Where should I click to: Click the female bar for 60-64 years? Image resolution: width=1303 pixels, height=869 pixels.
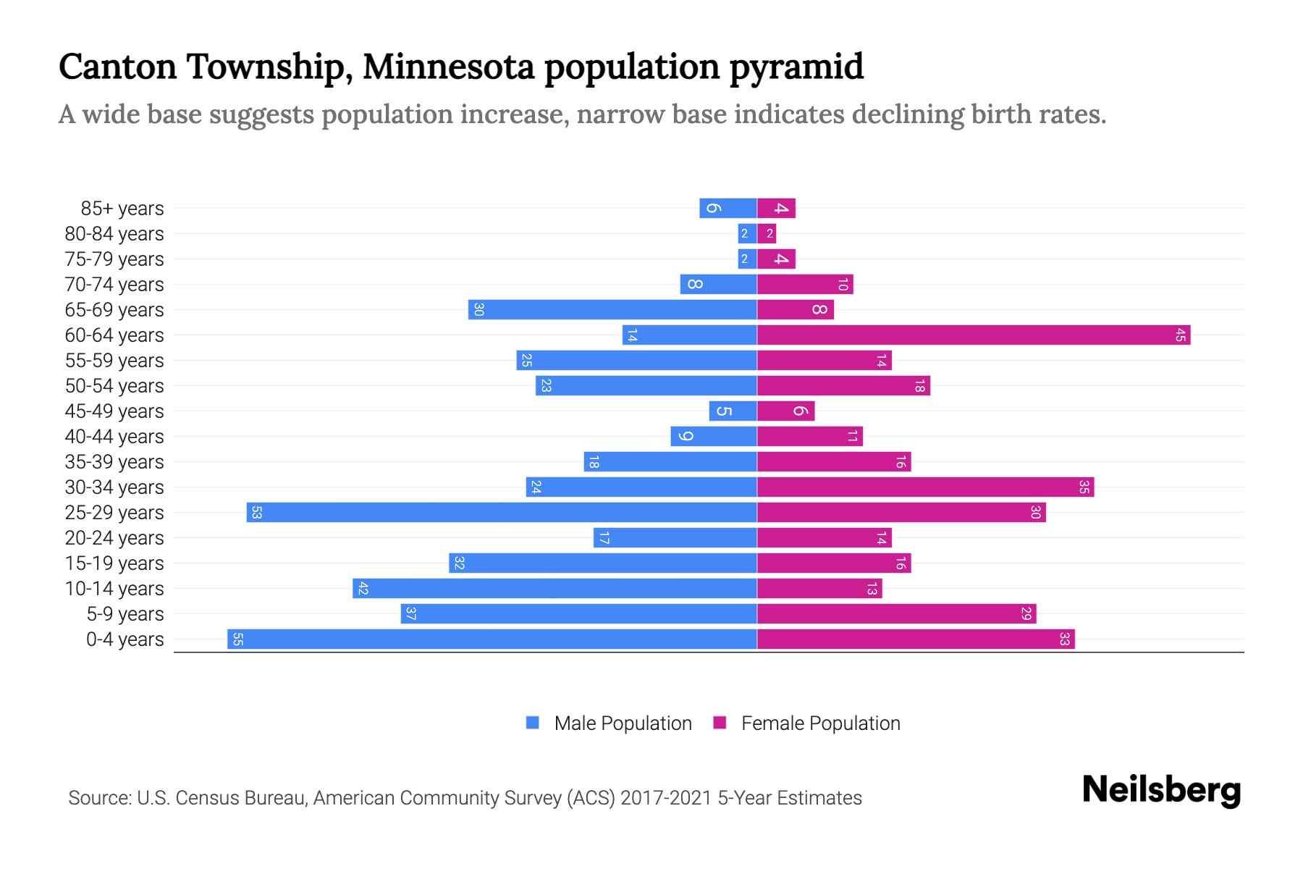point(974,335)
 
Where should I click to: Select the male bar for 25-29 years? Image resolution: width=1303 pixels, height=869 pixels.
point(502,512)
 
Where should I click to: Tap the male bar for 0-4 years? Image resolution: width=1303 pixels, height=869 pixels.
point(492,639)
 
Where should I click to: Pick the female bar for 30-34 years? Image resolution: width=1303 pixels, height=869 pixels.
point(925,487)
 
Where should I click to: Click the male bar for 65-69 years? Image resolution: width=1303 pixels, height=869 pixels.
point(612,309)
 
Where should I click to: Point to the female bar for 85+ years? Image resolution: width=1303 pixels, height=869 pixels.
point(776,208)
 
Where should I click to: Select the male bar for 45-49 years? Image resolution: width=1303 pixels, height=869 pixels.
point(733,411)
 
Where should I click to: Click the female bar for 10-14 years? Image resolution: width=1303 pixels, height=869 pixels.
point(819,588)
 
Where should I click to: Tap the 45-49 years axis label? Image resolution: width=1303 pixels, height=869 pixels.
point(114,411)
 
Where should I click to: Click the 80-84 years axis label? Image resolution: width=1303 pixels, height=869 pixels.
point(114,234)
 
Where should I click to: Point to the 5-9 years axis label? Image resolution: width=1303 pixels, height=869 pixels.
point(125,614)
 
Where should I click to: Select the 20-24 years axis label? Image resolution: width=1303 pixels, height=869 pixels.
point(114,538)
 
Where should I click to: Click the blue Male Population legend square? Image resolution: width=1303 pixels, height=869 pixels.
point(533,723)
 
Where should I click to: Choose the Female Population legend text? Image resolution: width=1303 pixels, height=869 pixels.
point(820,723)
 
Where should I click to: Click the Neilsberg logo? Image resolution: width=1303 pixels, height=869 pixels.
point(1161,790)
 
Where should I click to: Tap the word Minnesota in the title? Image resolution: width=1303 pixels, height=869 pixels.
point(448,67)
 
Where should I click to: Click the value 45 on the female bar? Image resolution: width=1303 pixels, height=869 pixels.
point(1180,335)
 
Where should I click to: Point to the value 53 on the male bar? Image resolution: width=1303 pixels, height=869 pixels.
point(256,512)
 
